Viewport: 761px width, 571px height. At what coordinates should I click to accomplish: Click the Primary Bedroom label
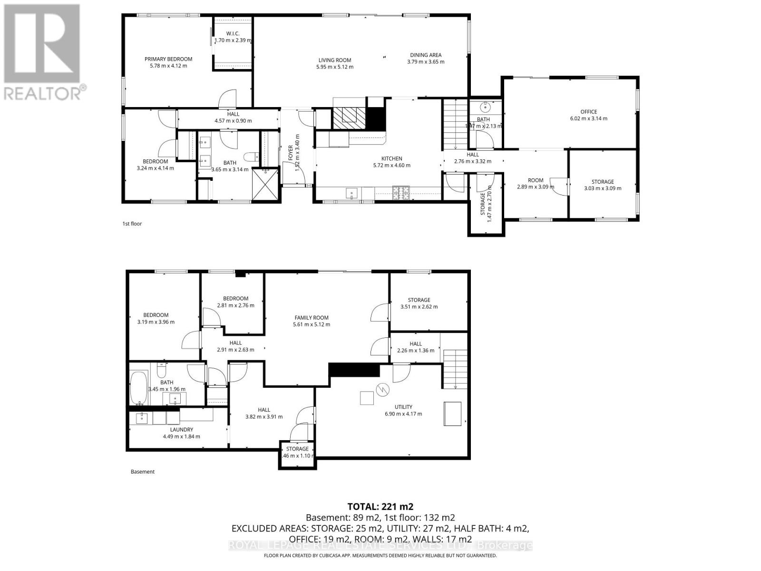tap(168, 59)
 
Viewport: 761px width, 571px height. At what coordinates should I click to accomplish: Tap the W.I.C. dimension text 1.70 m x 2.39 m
tap(233, 40)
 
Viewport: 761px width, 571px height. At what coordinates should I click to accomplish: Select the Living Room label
tap(335, 60)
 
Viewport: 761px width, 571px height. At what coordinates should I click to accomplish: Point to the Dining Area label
tap(426, 55)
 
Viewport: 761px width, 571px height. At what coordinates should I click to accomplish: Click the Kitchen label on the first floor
tap(391, 158)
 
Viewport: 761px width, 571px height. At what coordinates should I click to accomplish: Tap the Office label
tap(588, 112)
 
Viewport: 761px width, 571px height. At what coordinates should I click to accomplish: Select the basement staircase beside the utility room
tap(456, 369)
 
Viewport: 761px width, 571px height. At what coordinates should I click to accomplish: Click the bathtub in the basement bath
tap(139, 388)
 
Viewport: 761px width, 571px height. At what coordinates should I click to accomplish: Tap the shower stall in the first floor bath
tap(264, 185)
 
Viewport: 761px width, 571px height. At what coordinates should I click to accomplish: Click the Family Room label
tap(312, 318)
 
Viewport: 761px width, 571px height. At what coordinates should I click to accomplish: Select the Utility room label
tap(403, 407)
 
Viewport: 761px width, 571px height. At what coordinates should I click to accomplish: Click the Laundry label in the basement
tap(182, 430)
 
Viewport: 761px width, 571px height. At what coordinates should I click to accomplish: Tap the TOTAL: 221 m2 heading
tap(380, 506)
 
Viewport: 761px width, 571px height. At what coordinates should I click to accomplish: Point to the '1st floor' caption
tap(132, 224)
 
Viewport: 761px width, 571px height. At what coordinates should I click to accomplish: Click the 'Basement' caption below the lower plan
tap(143, 472)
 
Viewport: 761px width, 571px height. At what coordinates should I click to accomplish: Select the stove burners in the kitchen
tap(400, 192)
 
